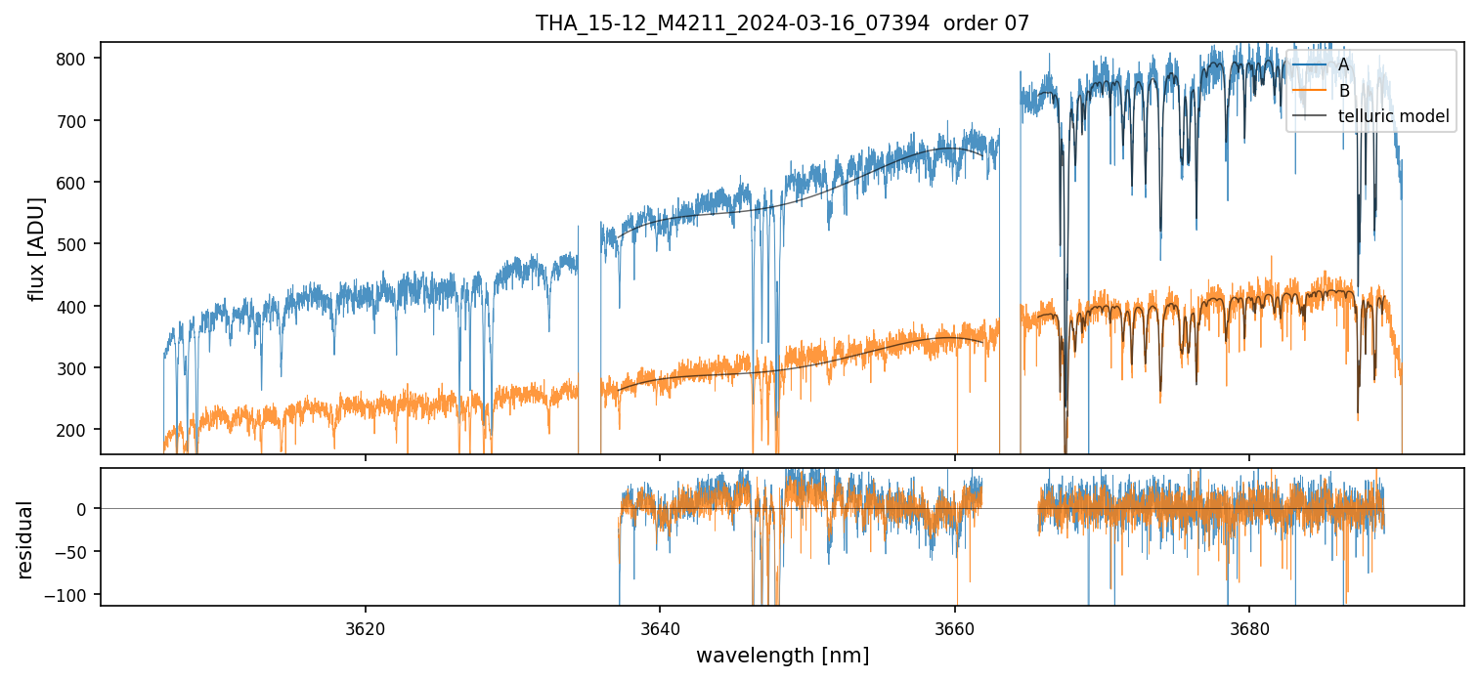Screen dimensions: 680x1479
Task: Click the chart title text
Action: click(782, 23)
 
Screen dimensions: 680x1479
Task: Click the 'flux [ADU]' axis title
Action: click(37, 248)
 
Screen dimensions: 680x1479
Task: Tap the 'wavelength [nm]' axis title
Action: click(782, 655)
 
